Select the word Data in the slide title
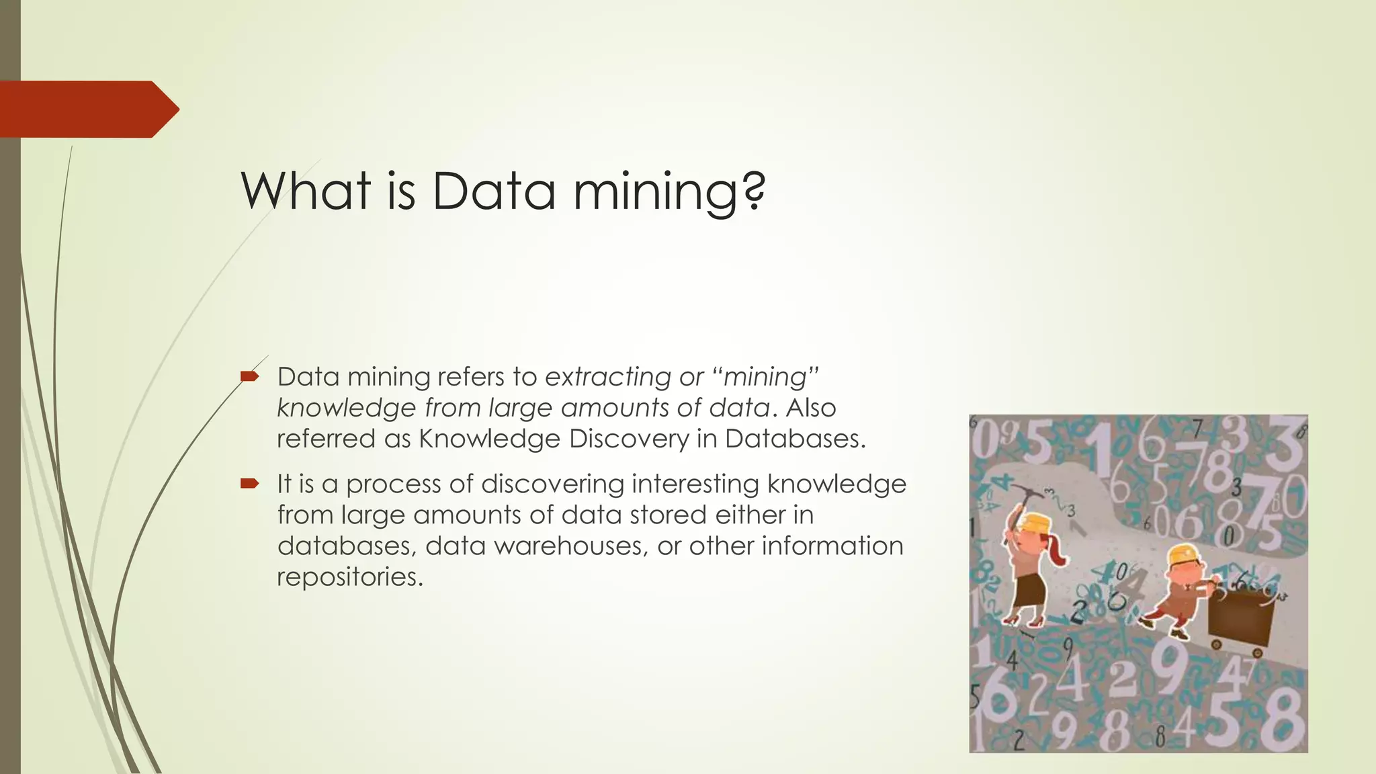pos(493,191)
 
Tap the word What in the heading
pos(306,191)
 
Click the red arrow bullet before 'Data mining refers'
pos(249,376)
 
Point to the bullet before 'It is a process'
pos(249,483)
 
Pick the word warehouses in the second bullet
pos(571,546)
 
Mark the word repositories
pos(350,576)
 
